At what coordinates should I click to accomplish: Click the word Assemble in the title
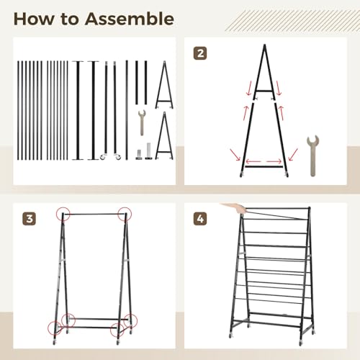pyautogui.click(x=130, y=19)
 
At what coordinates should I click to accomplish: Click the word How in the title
pyautogui.click(x=34, y=19)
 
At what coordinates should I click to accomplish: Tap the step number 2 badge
pyautogui.click(x=200, y=53)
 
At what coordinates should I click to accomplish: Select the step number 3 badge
pyautogui.click(x=29, y=219)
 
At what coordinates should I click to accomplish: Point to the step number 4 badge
pyautogui.click(x=200, y=219)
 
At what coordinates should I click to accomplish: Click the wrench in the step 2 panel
pyautogui.click(x=312, y=156)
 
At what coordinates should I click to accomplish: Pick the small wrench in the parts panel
pyautogui.click(x=142, y=122)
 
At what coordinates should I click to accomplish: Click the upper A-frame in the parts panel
pyautogui.click(x=164, y=85)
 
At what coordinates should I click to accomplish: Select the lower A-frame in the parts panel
pyautogui.click(x=164, y=135)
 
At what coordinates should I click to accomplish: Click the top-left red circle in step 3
pyautogui.click(x=63, y=214)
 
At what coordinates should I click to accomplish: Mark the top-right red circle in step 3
pyautogui.click(x=125, y=213)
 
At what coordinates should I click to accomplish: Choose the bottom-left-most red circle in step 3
pyautogui.click(x=55, y=328)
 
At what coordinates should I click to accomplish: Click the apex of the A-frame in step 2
pyautogui.click(x=265, y=45)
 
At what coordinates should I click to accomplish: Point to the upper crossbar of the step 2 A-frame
pyautogui.click(x=264, y=91)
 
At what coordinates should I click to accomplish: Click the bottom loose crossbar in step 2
pyautogui.click(x=264, y=166)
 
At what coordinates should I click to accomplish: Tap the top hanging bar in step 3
pyautogui.click(x=94, y=214)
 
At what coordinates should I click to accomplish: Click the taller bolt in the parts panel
pyautogui.click(x=148, y=150)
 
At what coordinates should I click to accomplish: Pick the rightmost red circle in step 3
pyautogui.click(x=130, y=320)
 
